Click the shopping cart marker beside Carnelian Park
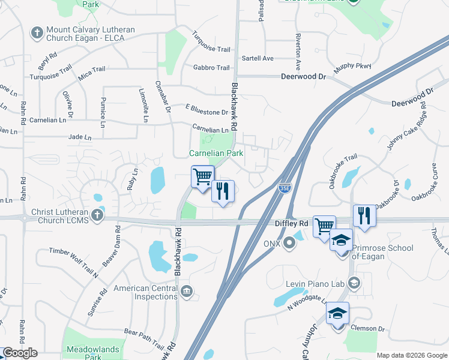point(202,177)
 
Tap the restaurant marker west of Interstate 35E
point(223,191)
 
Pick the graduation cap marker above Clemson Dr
point(337,314)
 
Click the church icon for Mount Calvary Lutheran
point(37,32)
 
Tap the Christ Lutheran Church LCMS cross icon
point(97,214)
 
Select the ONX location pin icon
point(290,244)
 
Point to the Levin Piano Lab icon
point(354,282)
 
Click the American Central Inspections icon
point(187,292)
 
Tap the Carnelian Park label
point(216,154)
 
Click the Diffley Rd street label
point(291,223)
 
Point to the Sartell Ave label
point(258,58)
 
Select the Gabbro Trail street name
point(211,68)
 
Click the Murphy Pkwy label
point(352,67)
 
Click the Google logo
point(20,353)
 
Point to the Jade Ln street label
point(80,137)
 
